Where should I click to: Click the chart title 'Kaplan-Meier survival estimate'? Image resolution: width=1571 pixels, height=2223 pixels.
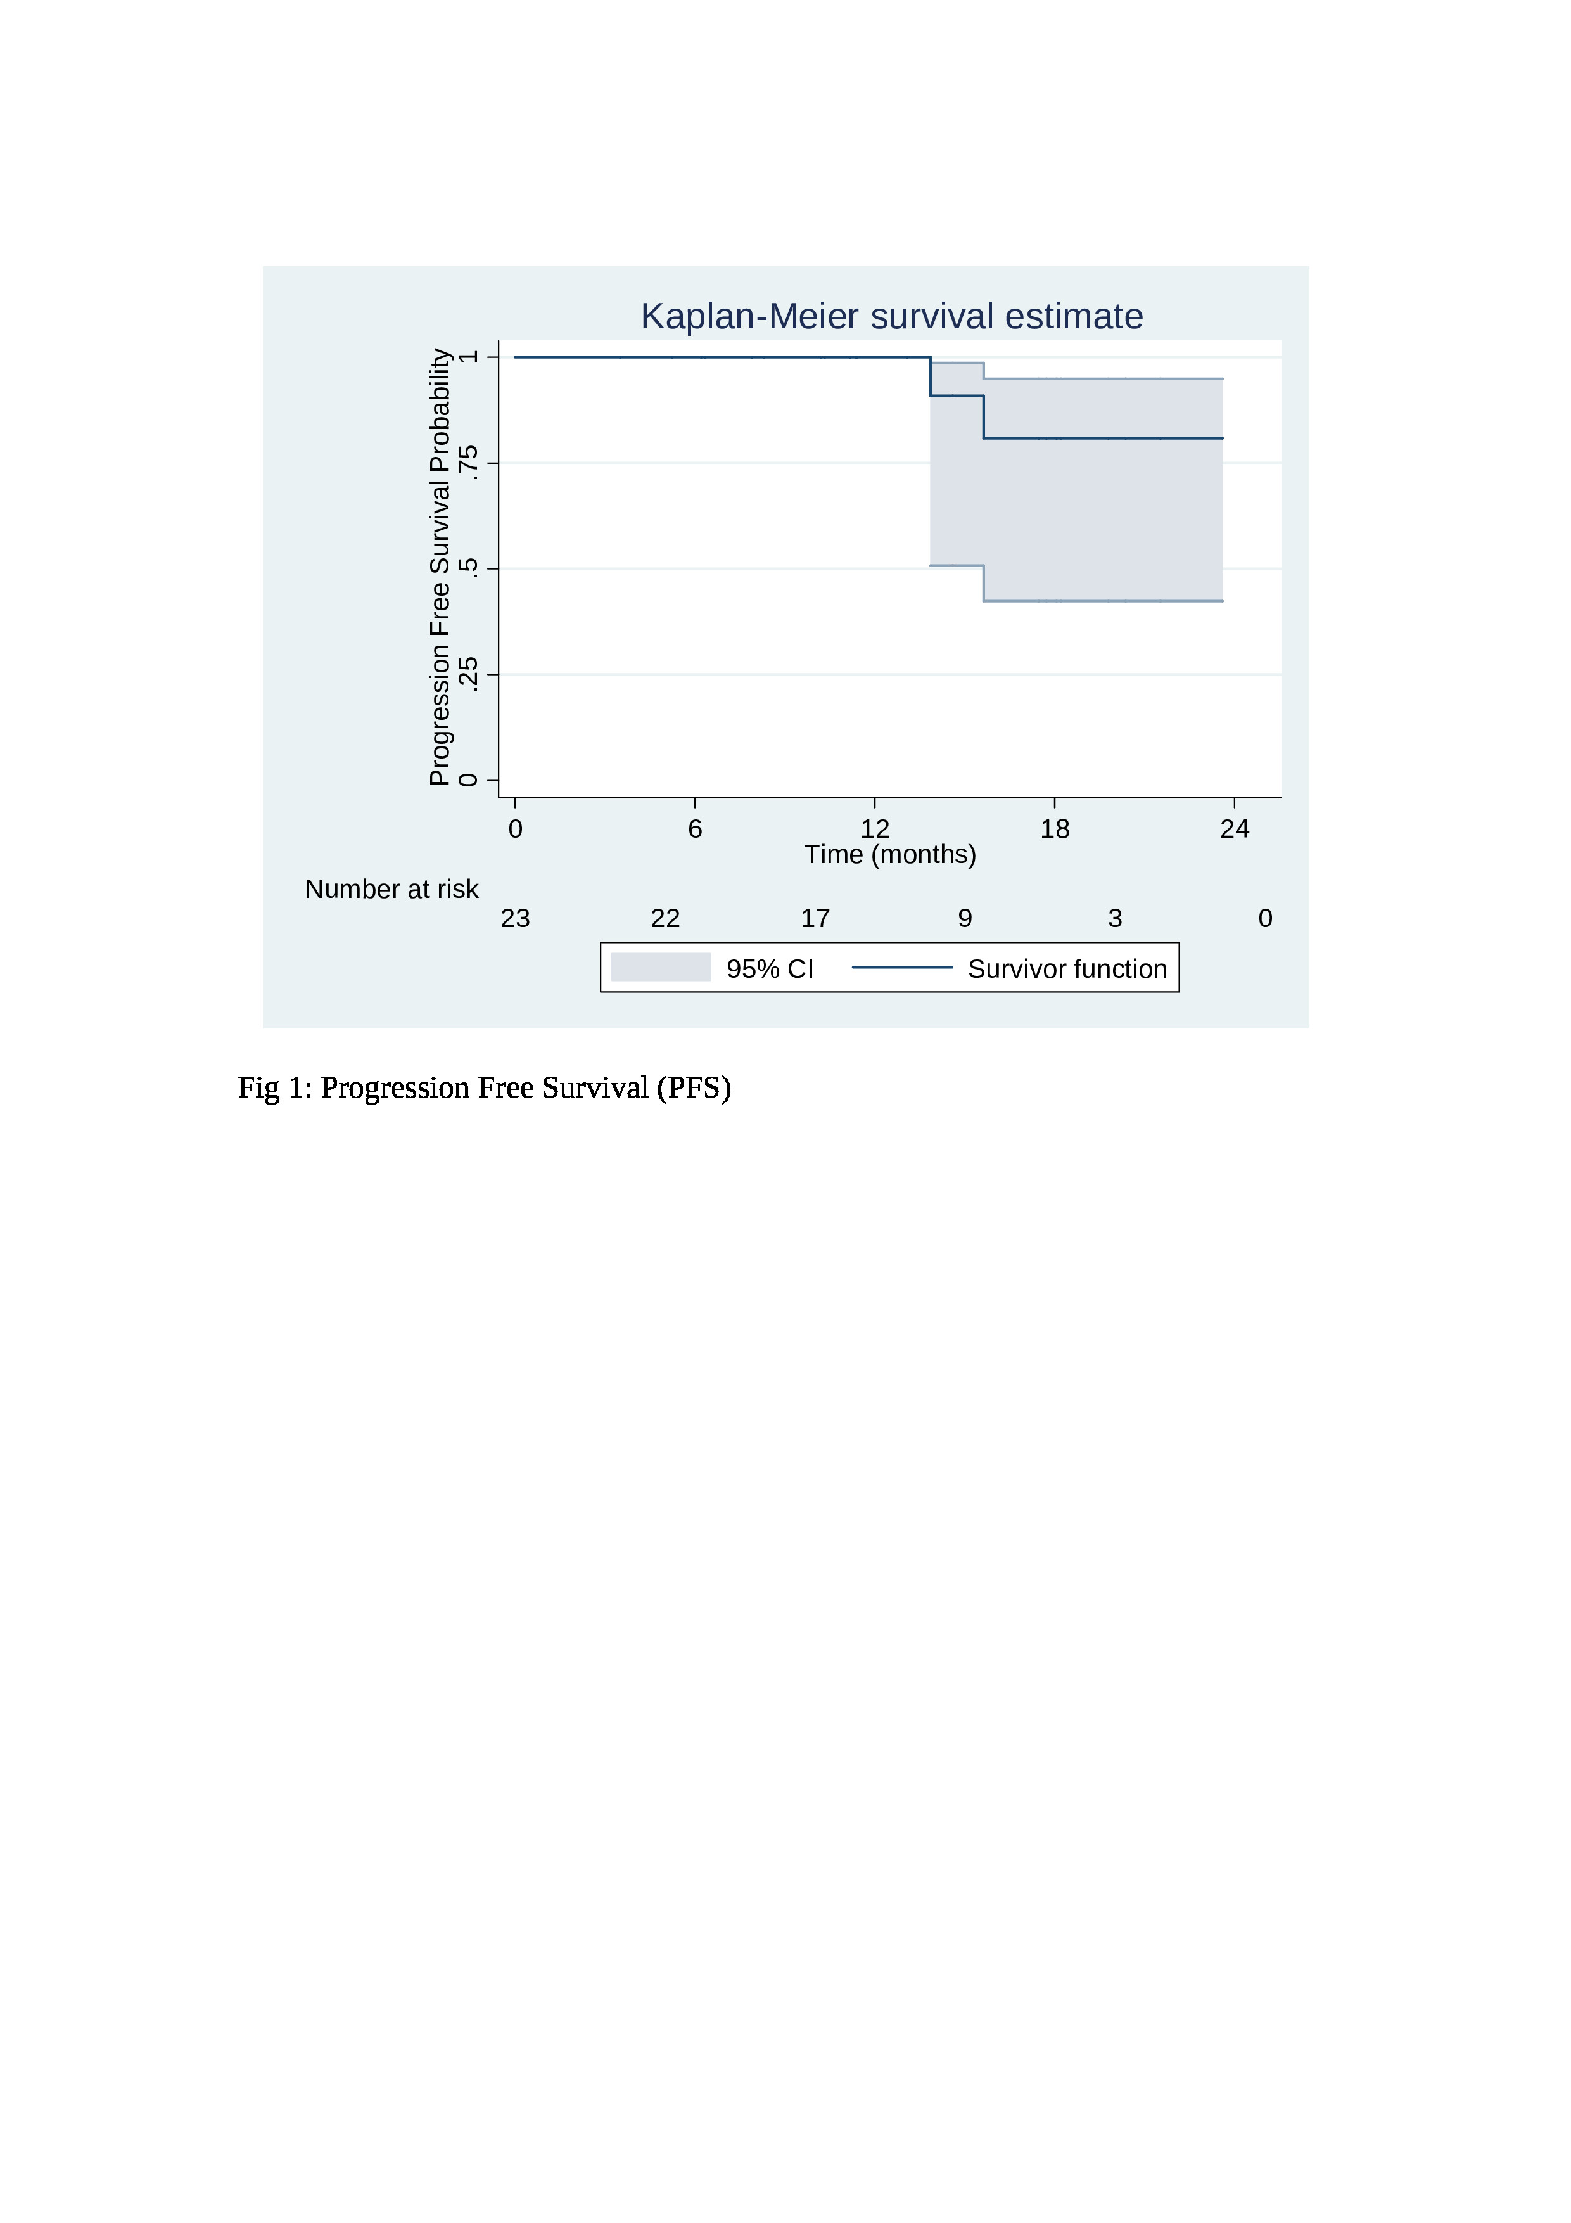(891, 317)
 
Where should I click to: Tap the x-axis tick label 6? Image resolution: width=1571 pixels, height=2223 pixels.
(695, 829)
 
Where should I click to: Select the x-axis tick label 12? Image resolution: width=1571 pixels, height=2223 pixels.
(875, 829)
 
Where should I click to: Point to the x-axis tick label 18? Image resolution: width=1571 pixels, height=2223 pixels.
(1055, 829)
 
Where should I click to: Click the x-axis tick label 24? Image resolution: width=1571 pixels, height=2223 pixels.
(1235, 829)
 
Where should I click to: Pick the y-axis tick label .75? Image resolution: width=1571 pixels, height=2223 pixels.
(469, 463)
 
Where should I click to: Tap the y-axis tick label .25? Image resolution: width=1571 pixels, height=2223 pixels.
(469, 674)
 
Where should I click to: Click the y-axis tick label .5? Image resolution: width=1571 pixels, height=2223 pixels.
(469, 568)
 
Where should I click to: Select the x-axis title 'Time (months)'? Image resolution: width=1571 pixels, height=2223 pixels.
(891, 854)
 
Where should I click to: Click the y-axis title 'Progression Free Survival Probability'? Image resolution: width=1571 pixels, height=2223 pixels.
(440, 567)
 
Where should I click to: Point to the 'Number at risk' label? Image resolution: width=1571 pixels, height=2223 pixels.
(392, 889)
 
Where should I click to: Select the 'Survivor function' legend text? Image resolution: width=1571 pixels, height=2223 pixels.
(1067, 969)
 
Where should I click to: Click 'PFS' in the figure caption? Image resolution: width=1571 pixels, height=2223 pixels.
(694, 1088)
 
